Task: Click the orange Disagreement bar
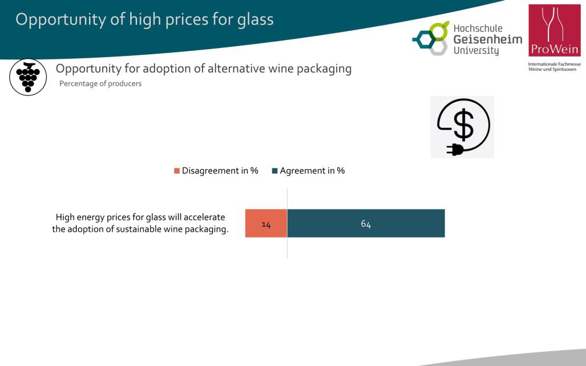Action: click(x=266, y=223)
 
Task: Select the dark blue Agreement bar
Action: click(x=366, y=223)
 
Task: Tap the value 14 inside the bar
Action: click(x=266, y=224)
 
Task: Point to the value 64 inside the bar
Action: click(x=366, y=224)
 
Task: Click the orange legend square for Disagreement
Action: click(x=177, y=171)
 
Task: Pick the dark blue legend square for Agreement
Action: click(x=274, y=171)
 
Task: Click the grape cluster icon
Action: click(x=28, y=77)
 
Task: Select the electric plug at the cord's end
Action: click(x=455, y=150)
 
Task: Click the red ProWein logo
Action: click(x=555, y=30)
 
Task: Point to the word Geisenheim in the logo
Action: click(x=488, y=39)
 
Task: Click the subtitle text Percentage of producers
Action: click(x=100, y=84)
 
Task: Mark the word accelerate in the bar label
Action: click(x=204, y=217)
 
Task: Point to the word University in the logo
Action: click(x=476, y=50)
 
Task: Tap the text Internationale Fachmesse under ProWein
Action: click(x=554, y=65)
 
